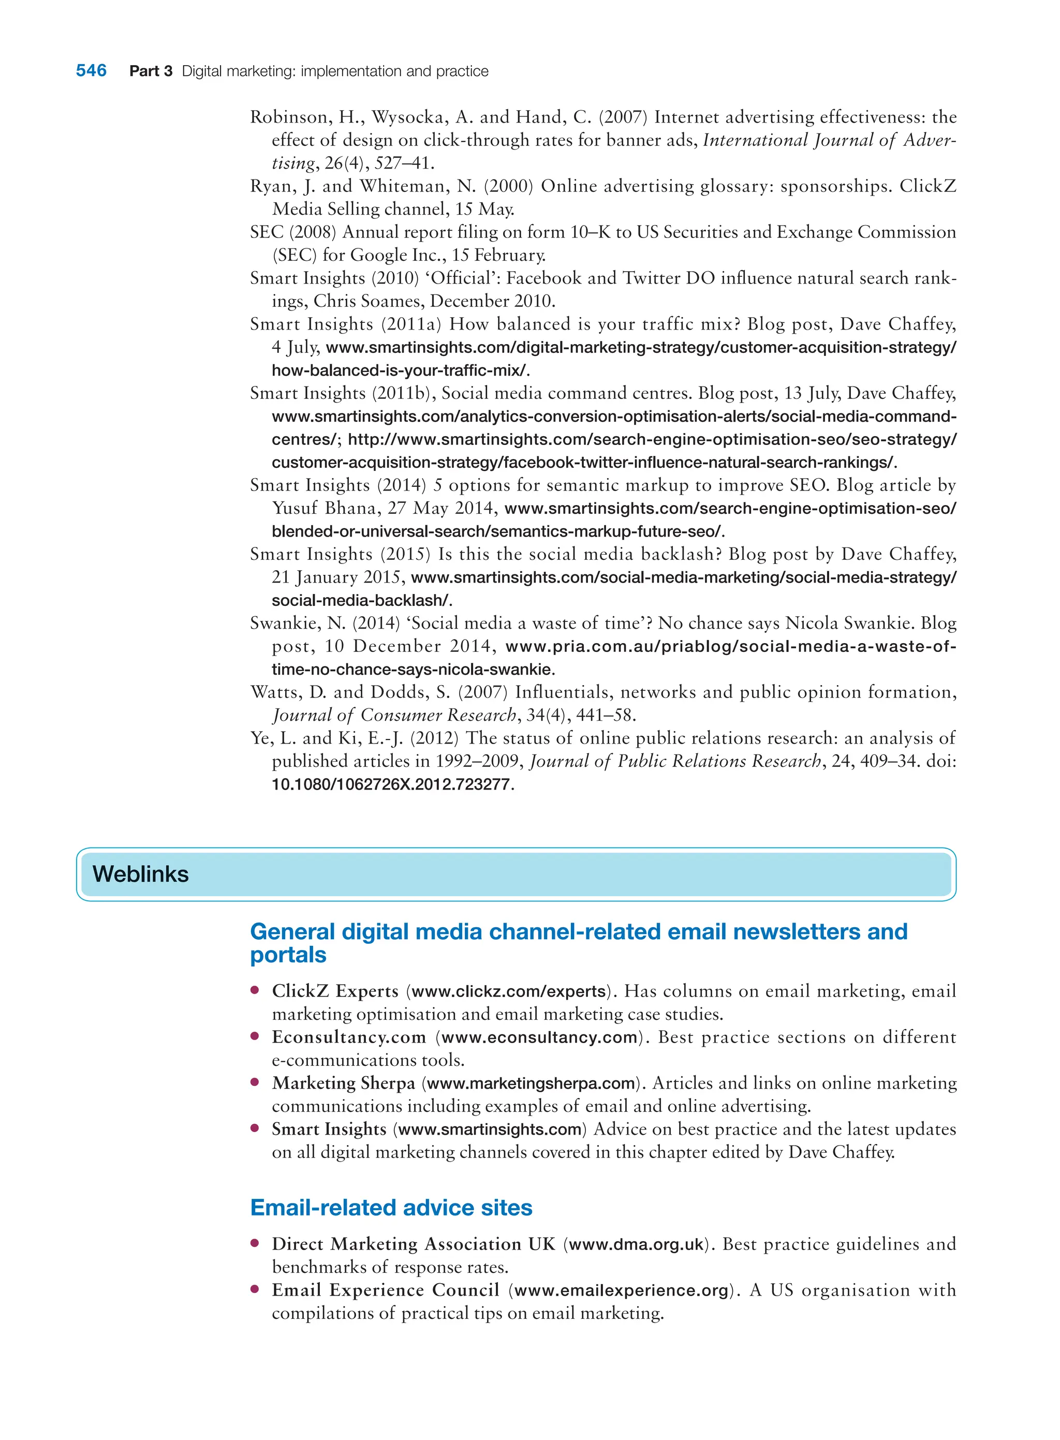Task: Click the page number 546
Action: coord(91,70)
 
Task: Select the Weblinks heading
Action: coord(140,874)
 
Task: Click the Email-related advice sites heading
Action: coord(391,1208)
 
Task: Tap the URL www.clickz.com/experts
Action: coord(508,991)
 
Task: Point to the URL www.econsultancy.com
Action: coord(539,1038)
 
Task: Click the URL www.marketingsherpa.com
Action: coord(531,1084)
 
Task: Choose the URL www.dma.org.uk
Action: coord(636,1245)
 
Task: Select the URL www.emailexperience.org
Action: coord(621,1290)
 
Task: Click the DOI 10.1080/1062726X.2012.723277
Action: coord(391,784)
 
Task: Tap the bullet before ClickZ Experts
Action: coord(255,990)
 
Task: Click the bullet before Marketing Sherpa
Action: coord(255,1083)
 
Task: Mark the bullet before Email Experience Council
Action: coord(255,1289)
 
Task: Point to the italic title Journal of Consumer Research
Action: coord(393,715)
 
